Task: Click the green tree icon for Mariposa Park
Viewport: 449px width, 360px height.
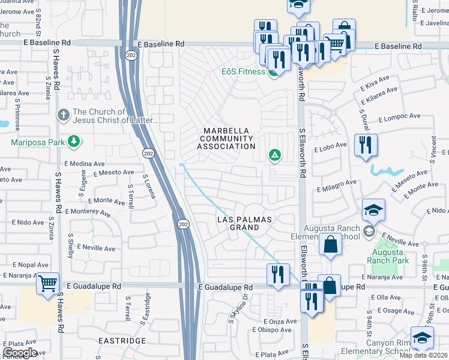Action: point(74,142)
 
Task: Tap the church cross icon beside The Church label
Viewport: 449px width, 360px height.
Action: point(63,114)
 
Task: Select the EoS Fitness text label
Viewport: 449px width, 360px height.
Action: point(243,72)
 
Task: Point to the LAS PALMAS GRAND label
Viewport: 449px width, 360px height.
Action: point(244,224)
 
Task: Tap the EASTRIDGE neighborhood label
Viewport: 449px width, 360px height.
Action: point(124,340)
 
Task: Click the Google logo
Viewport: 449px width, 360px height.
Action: point(20,353)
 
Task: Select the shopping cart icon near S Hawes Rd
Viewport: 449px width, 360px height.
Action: point(47,282)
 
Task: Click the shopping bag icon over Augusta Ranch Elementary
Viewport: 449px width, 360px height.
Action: point(330,244)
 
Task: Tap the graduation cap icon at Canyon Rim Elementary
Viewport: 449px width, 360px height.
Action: point(422,337)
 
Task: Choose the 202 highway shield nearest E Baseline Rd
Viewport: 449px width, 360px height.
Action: point(131,55)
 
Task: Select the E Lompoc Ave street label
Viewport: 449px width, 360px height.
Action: point(399,118)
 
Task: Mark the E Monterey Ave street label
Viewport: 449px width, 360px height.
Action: point(88,212)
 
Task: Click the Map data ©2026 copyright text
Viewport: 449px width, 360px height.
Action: point(424,355)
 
